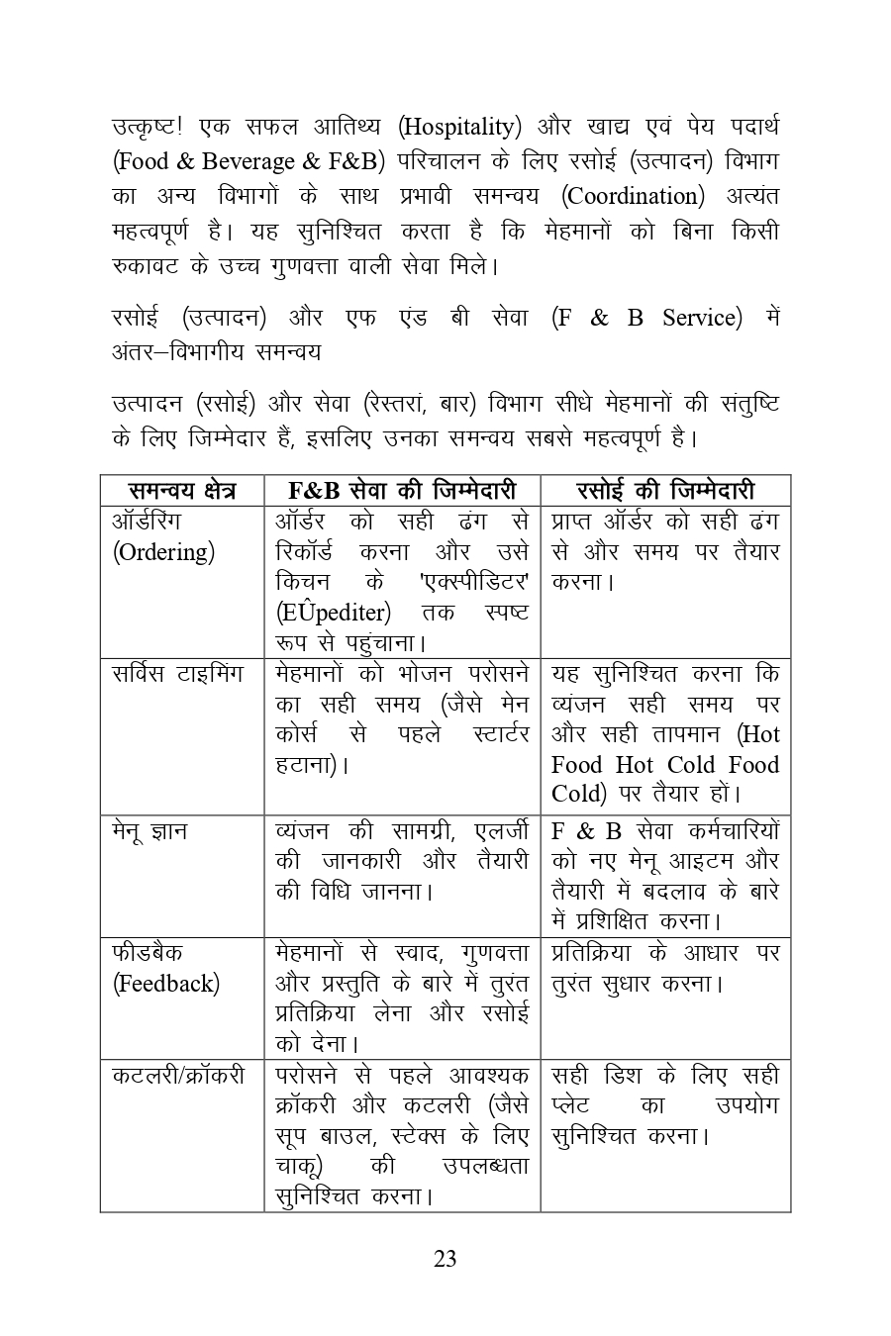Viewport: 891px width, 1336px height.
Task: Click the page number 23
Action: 445,1259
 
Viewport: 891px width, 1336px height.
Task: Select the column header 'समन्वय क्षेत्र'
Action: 182,491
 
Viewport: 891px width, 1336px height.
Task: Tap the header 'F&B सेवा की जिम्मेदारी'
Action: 401,491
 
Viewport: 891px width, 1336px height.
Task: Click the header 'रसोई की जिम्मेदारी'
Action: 664,491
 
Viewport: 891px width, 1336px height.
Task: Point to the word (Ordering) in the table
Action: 163,552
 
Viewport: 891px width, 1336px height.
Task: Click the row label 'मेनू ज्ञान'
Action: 149,831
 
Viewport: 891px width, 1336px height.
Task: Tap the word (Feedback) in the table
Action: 166,984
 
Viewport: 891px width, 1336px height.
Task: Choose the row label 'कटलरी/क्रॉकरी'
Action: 178,1076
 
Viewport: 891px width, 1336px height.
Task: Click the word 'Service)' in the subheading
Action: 702,318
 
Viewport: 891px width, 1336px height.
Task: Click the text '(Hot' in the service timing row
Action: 758,734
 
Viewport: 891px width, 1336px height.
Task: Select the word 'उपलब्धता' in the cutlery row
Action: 485,1167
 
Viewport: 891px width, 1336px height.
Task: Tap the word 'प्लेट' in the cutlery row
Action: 570,1105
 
